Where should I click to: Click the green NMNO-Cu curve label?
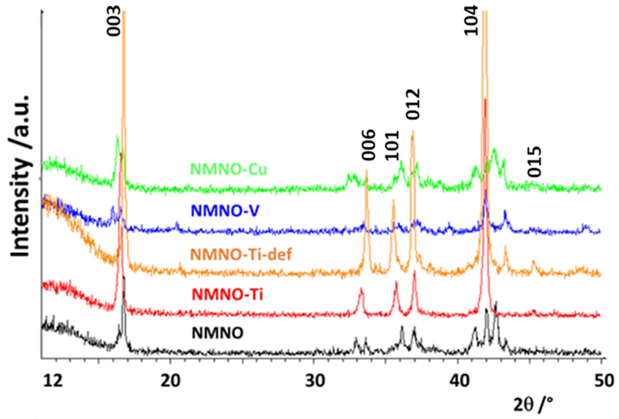(x=228, y=169)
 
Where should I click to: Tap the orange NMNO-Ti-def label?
(x=241, y=254)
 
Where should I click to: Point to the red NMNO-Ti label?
(x=227, y=295)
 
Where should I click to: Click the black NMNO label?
(x=218, y=333)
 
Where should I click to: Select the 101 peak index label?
(x=392, y=145)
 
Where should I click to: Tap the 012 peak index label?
(x=413, y=104)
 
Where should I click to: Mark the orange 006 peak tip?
(x=367, y=171)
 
